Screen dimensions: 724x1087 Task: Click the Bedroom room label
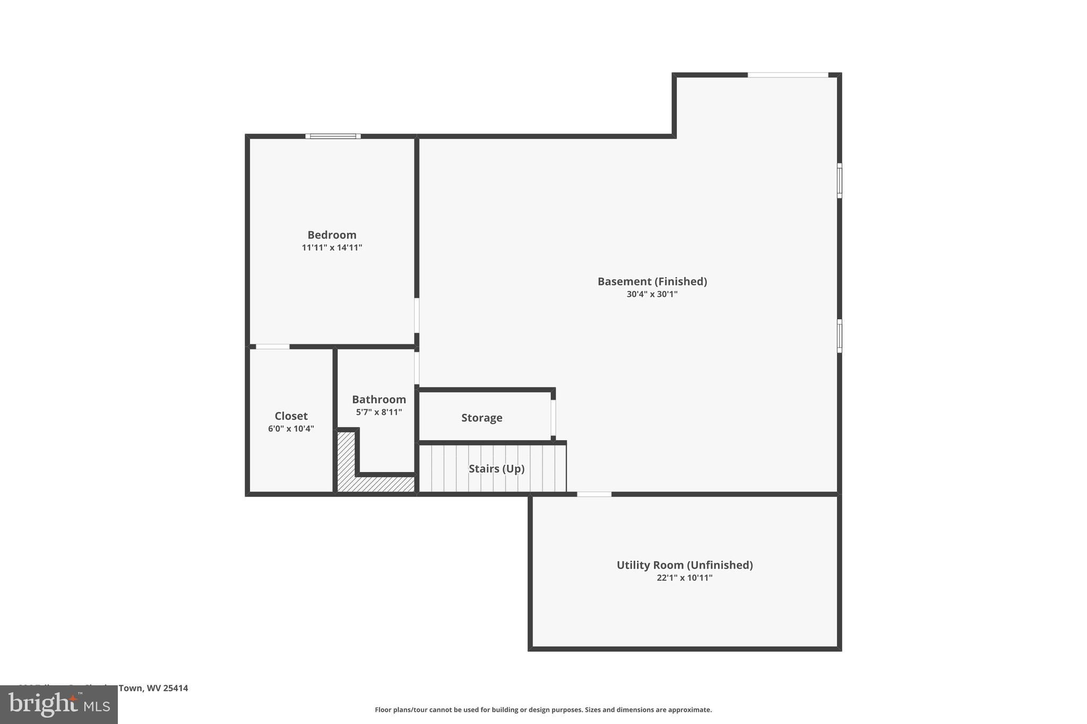tap(332, 235)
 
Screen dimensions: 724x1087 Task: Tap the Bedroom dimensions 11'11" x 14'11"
tap(332, 248)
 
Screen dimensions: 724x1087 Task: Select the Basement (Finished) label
tap(652, 282)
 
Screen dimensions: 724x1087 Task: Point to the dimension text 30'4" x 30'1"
tap(652, 294)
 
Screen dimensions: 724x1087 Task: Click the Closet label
tap(291, 416)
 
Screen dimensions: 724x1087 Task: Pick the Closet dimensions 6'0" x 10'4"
tap(291, 429)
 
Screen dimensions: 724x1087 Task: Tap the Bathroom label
tap(378, 399)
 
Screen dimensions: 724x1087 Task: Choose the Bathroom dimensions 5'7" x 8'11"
tap(378, 412)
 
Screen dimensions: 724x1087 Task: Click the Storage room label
tap(481, 418)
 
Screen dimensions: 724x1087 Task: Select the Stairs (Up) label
tap(496, 469)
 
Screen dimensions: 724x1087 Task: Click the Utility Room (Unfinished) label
tap(684, 565)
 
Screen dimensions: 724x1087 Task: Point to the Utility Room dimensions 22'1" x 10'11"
tap(684, 578)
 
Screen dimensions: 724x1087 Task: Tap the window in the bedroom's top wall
tap(333, 136)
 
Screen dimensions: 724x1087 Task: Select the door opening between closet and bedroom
tap(273, 347)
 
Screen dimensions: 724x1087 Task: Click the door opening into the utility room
tap(594, 494)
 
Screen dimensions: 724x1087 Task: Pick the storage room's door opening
tap(553, 417)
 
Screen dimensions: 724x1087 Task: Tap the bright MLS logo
tap(58, 705)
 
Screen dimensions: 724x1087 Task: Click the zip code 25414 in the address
tap(175, 688)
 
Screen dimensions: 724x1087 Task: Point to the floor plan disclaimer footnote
tap(543, 710)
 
